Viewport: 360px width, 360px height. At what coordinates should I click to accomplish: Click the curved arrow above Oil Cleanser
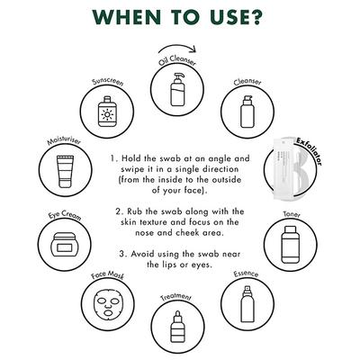(x=177, y=46)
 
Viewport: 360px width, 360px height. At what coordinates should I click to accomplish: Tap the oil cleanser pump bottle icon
(x=177, y=89)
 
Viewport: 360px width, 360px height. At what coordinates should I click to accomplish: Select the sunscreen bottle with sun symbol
(x=107, y=112)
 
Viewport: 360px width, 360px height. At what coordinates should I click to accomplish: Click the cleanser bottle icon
(x=247, y=112)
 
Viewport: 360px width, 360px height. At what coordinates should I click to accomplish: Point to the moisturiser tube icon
(x=65, y=171)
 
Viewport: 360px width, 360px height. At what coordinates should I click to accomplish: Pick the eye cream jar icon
(x=65, y=245)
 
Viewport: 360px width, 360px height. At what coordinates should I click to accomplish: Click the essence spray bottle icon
(x=247, y=304)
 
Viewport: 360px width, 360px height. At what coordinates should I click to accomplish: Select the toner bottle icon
(x=290, y=245)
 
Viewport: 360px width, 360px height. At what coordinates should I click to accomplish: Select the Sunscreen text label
(x=108, y=82)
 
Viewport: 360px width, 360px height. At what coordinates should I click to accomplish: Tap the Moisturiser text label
(x=64, y=141)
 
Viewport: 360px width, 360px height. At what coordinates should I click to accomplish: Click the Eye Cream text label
(x=65, y=215)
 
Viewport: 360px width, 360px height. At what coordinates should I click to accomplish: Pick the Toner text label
(x=292, y=215)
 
